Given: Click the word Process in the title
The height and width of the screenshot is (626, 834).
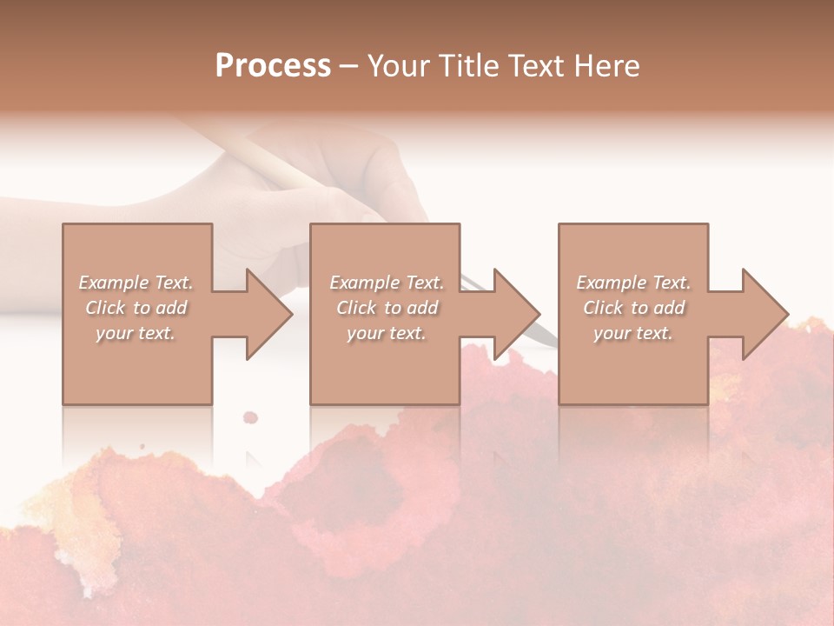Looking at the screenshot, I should tap(273, 66).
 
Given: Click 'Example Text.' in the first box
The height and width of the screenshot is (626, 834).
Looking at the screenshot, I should tap(136, 283).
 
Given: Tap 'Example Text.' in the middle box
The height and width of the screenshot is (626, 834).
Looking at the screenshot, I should tap(387, 283).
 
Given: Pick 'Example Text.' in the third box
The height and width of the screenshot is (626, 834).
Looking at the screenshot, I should tap(633, 283).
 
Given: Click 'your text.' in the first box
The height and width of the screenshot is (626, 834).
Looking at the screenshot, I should tap(136, 333).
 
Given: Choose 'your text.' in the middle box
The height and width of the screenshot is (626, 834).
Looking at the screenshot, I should tap(387, 333).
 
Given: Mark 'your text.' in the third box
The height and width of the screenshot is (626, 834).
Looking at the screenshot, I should tap(633, 333).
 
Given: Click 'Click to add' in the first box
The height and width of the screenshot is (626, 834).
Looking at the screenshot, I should tap(136, 308).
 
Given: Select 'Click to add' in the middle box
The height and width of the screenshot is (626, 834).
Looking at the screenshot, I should tap(387, 308).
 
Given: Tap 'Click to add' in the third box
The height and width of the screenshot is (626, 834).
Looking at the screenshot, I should tap(633, 308).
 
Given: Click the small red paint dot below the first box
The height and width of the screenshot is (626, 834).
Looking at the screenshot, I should tap(250, 416).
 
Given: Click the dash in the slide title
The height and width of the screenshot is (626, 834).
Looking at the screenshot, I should tap(348, 67).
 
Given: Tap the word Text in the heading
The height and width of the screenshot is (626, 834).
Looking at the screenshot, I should tap(532, 66).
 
